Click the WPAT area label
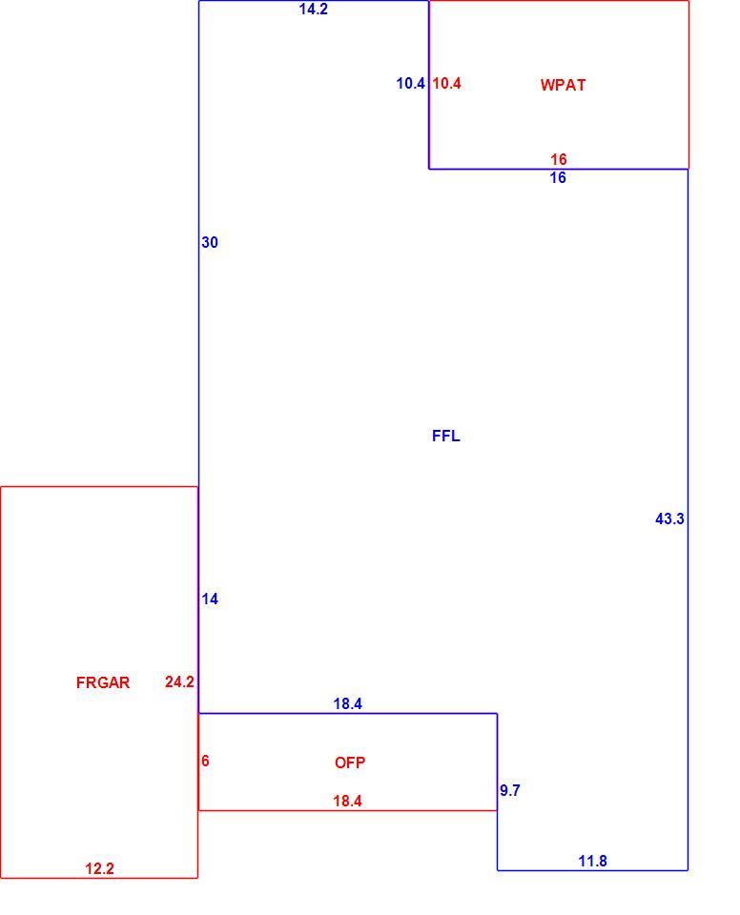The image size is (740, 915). [563, 85]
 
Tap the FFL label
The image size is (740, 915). [445, 436]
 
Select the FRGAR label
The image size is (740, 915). [103, 682]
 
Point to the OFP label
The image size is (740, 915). [350, 762]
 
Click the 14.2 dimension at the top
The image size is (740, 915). [313, 10]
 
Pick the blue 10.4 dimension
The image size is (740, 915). [411, 84]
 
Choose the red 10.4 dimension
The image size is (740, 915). [447, 84]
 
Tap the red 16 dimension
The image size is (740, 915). [559, 159]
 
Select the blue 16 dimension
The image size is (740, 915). [558, 178]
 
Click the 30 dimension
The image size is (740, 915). [210, 242]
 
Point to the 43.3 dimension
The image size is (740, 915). [669, 518]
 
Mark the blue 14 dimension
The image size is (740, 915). [210, 599]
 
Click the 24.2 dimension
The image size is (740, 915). [179, 681]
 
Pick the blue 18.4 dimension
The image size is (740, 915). [347, 703]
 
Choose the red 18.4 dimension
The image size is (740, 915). [347, 801]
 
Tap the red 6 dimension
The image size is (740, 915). [205, 761]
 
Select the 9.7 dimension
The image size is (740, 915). [510, 790]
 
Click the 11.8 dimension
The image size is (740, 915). [592, 861]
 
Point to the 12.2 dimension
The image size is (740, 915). [99, 869]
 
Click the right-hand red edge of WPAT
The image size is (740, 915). [689, 85]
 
